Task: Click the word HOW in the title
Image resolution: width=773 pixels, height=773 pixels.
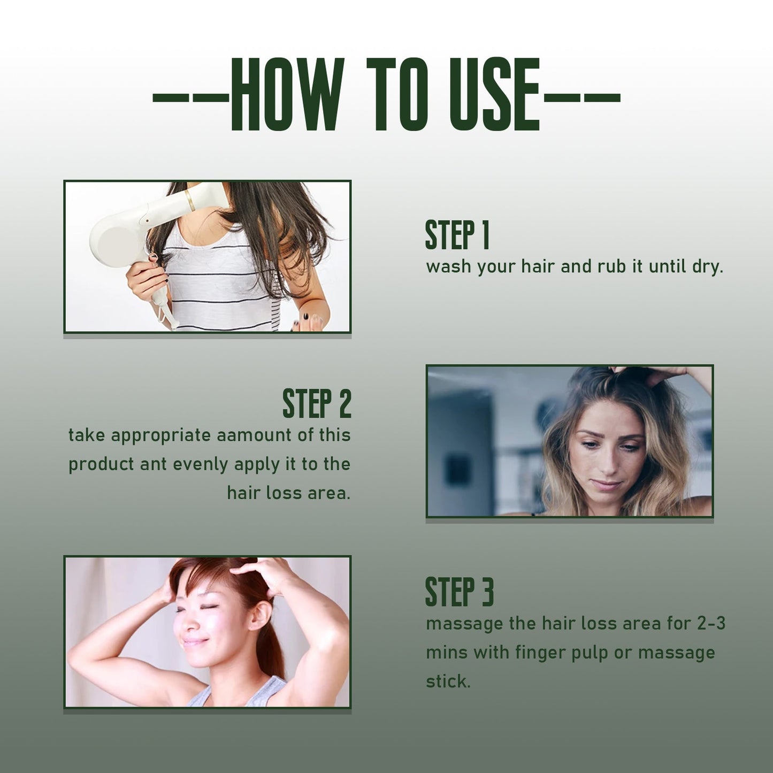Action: coord(287,95)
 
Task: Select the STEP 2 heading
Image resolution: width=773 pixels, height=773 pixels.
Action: coord(317,403)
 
